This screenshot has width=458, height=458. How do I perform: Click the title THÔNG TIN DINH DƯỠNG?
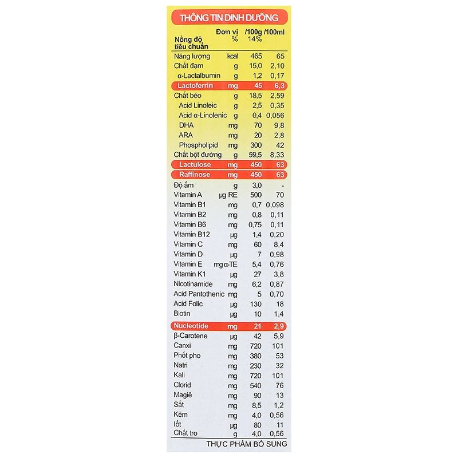(229, 17)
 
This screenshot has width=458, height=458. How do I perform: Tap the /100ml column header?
(275, 31)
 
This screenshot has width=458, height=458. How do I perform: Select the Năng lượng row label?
(192, 56)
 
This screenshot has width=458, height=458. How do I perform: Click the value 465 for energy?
(256, 56)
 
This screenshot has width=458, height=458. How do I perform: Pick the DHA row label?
(186, 125)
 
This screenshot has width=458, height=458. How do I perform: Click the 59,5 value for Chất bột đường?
(255, 155)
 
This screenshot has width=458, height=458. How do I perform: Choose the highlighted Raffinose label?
(195, 175)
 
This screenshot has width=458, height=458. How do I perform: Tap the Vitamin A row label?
(189, 195)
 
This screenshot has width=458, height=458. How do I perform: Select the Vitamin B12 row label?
(191, 234)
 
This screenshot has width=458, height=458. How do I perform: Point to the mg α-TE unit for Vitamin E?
(226, 264)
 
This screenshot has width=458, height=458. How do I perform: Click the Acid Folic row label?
(188, 303)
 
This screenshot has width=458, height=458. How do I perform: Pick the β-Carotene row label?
(191, 336)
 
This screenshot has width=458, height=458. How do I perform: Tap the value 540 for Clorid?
(256, 385)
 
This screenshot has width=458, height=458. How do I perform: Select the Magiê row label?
(183, 395)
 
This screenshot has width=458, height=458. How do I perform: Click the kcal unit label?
(232, 56)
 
